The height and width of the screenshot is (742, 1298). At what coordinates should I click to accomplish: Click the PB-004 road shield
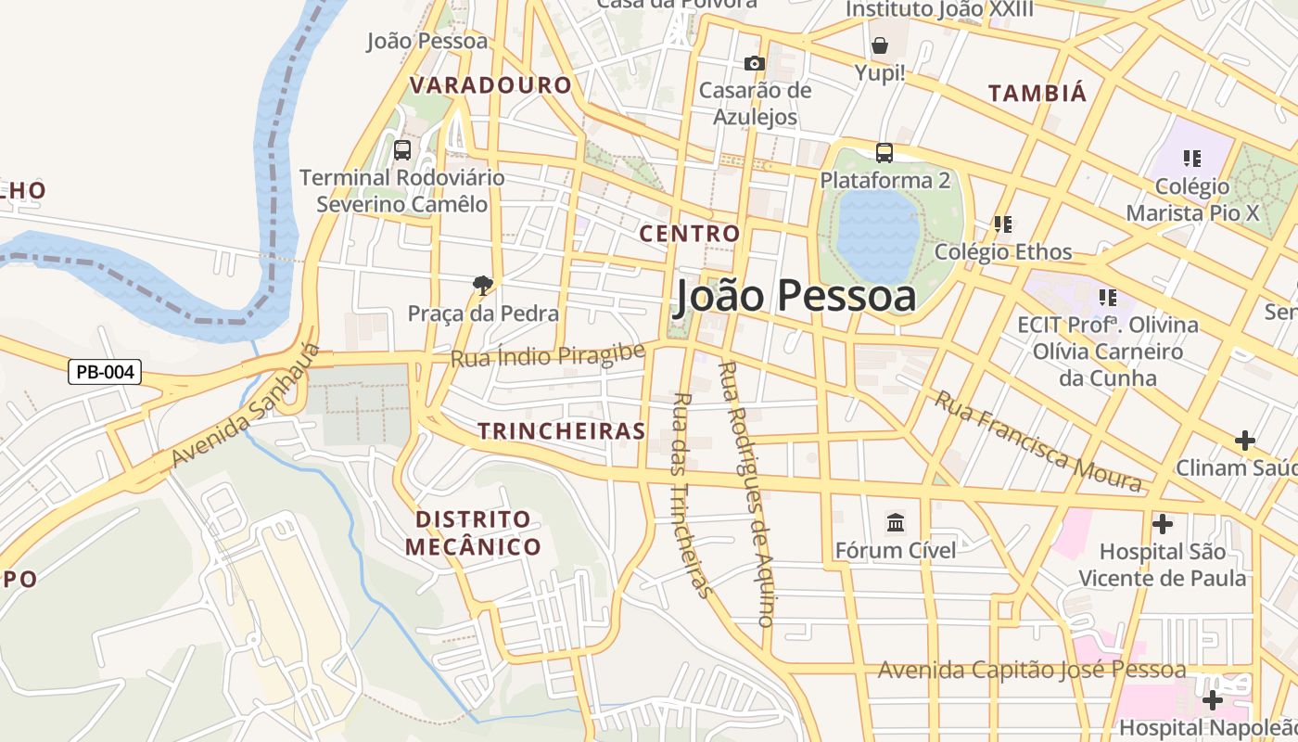(105, 373)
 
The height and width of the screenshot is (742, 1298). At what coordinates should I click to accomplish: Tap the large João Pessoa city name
(795, 296)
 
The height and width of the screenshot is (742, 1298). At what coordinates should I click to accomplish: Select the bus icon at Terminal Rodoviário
(402, 149)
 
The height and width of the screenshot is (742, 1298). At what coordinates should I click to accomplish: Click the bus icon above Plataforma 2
(884, 152)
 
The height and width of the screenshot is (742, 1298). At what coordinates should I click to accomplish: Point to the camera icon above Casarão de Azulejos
(755, 63)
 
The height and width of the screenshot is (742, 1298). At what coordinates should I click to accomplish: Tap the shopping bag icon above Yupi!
(879, 45)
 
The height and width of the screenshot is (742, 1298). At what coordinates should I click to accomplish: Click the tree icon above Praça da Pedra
(482, 285)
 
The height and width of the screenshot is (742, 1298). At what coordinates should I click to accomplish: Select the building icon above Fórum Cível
(896, 523)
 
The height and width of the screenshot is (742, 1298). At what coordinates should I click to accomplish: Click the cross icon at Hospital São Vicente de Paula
(1162, 524)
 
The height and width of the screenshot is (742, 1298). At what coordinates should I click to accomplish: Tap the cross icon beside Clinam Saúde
(1245, 440)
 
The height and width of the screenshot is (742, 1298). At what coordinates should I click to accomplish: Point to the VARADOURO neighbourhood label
(490, 85)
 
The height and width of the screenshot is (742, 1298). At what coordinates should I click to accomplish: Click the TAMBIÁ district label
(1037, 93)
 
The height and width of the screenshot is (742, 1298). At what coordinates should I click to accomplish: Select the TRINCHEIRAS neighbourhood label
(561, 430)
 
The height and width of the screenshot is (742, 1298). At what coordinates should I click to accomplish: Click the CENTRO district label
(690, 233)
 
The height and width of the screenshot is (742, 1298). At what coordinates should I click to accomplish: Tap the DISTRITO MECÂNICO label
(473, 532)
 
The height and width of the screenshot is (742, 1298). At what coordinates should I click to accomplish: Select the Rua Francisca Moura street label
(1037, 441)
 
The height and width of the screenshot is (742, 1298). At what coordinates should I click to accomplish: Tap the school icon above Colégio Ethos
(1002, 224)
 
